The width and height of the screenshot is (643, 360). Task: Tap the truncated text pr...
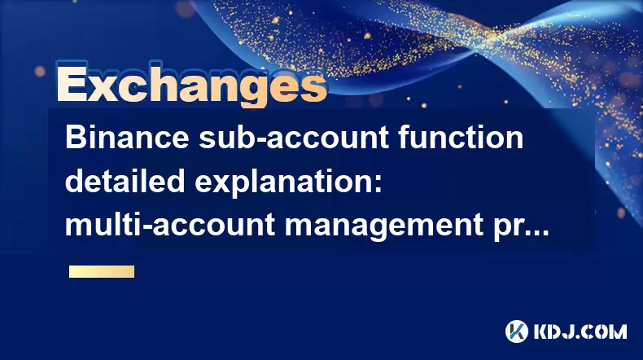point(505,229)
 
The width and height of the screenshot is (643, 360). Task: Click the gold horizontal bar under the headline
point(102,272)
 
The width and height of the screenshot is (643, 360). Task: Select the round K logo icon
point(517,331)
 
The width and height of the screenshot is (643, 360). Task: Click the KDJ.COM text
point(580,331)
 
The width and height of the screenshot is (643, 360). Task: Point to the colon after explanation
point(378,185)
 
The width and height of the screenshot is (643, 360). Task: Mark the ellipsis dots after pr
point(534,233)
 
